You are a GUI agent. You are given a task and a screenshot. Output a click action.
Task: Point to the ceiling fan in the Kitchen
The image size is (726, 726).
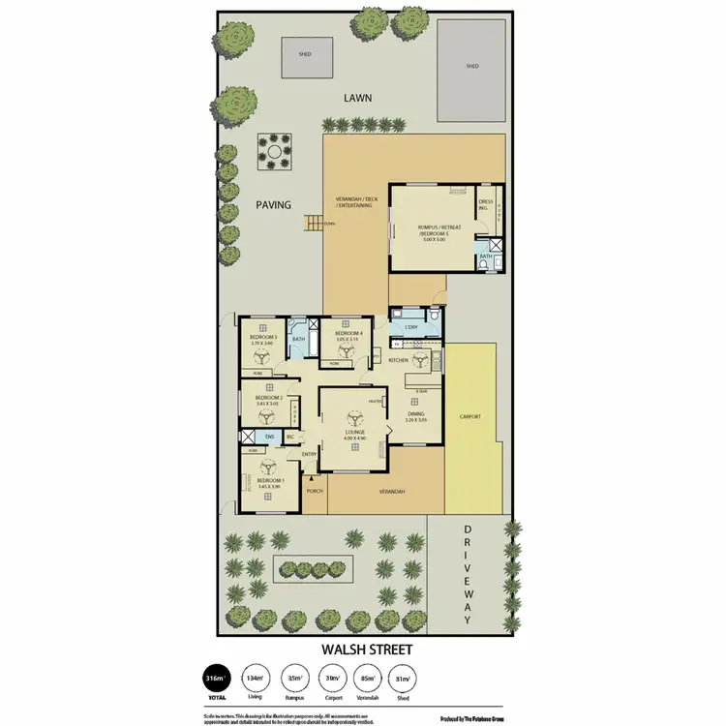(419, 360)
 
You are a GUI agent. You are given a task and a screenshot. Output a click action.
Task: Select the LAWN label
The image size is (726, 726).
(363, 99)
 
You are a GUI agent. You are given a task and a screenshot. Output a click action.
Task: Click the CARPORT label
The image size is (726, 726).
(471, 416)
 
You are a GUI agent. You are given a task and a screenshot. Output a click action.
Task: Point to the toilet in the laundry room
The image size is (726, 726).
(435, 316)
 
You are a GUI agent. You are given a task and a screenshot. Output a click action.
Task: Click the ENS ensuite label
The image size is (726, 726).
(257, 438)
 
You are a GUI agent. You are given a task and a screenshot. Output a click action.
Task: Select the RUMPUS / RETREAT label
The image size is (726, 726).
(439, 227)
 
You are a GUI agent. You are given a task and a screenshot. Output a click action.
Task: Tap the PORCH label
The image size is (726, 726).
(315, 491)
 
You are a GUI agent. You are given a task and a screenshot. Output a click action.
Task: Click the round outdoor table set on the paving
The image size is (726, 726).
(275, 151)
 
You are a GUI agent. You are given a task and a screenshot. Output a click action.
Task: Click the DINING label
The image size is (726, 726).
(415, 414)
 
